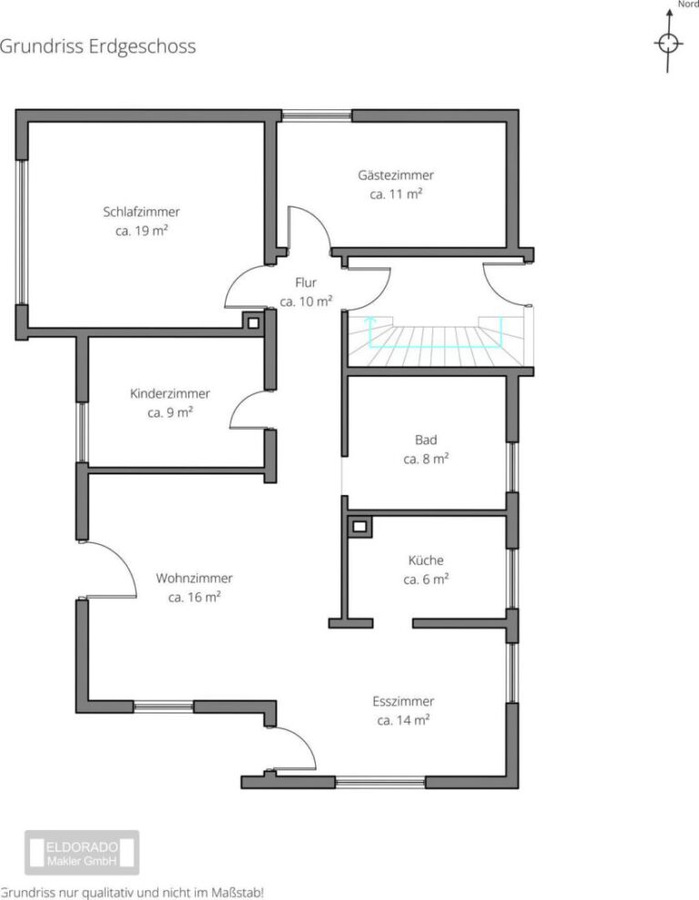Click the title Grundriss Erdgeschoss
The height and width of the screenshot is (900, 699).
(97, 46)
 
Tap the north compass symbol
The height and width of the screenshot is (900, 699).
(669, 43)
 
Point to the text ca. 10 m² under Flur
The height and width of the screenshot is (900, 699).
(305, 301)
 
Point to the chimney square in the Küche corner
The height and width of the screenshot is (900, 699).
(360, 526)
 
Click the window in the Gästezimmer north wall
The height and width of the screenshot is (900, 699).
(316, 116)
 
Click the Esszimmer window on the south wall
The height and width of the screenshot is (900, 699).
(380, 782)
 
